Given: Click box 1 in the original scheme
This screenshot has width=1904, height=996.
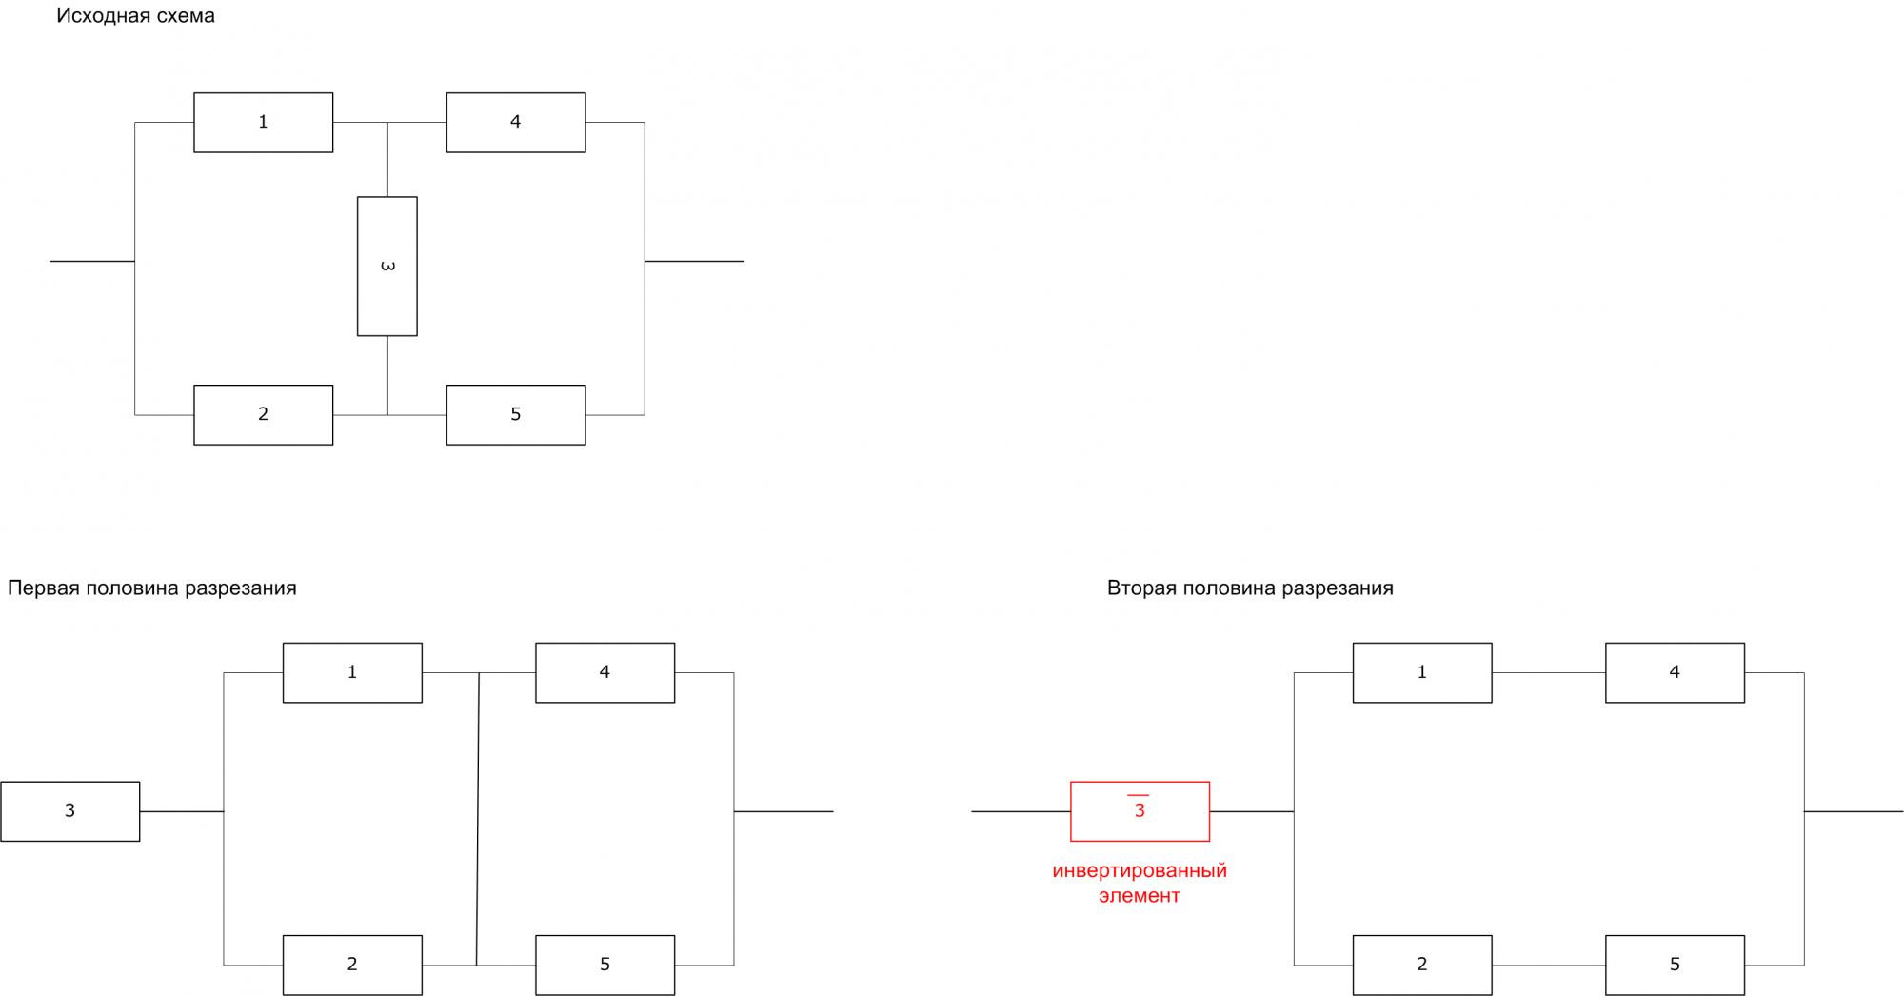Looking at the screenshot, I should tap(263, 123).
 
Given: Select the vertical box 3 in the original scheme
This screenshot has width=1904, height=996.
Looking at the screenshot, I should tap(387, 267).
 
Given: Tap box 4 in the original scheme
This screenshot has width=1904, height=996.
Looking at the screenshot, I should tap(515, 123).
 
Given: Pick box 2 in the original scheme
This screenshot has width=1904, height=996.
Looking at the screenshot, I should tap(263, 415).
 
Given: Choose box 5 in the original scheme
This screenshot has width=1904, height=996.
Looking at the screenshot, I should tap(515, 415).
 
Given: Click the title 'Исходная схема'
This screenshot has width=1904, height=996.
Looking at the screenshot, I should tap(135, 16).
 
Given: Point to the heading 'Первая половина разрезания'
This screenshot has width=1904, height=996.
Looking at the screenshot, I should tap(152, 588).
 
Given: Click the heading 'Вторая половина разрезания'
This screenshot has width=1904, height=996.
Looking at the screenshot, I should tap(1249, 588).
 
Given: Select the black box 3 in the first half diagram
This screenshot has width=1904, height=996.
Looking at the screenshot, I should tap(69, 811).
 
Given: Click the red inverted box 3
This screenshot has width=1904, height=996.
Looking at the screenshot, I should tap(1140, 811).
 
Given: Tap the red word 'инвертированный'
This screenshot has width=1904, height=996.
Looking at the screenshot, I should tap(1140, 871).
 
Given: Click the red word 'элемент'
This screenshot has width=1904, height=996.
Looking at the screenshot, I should tap(1140, 896).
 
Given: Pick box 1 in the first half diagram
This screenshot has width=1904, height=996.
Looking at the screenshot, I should tap(352, 673).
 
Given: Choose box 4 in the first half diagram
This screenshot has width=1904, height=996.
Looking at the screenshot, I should tap(605, 673).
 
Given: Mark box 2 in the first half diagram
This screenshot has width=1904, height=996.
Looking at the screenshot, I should tap(352, 965).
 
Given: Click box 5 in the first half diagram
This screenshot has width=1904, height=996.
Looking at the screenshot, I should tap(605, 965).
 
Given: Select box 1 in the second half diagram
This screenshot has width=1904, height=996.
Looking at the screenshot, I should tap(1422, 673).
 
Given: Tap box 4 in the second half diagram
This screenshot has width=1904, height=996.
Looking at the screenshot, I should tap(1675, 673).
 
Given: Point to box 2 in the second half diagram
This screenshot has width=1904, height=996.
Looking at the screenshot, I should tap(1422, 965).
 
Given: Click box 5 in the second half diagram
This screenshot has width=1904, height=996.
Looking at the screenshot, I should tap(1675, 965).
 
